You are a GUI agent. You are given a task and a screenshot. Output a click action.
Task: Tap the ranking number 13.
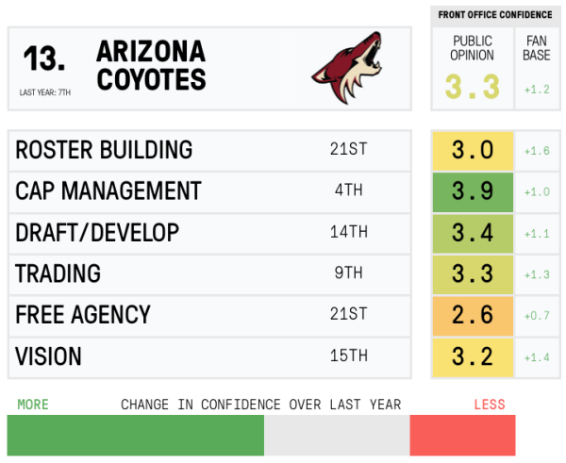point(44,59)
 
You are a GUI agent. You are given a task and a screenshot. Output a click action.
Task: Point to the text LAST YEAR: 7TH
point(44,92)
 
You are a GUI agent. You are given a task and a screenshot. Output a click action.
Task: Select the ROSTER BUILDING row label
point(104,151)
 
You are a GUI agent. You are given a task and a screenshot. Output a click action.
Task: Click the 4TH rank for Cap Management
point(348,191)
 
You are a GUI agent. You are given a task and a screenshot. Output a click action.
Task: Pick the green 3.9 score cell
point(473,191)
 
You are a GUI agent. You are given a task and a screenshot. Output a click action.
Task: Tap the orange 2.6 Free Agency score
point(473,314)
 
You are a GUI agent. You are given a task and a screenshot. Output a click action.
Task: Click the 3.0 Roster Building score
point(473,151)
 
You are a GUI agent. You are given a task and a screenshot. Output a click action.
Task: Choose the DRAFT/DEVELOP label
point(97,233)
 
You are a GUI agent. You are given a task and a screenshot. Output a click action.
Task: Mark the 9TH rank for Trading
point(348,273)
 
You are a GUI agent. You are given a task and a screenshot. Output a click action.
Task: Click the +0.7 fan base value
point(537,314)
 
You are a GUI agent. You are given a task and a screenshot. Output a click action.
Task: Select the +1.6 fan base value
point(537,151)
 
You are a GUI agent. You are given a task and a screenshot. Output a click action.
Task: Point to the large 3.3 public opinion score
point(473,88)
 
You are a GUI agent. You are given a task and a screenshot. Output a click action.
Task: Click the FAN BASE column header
point(537,48)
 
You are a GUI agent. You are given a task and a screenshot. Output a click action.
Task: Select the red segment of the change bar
point(462,436)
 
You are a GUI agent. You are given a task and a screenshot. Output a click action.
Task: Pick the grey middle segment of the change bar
point(337,436)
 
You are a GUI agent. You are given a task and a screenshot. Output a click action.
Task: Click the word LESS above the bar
point(490,405)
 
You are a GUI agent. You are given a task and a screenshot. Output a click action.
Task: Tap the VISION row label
point(48,356)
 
